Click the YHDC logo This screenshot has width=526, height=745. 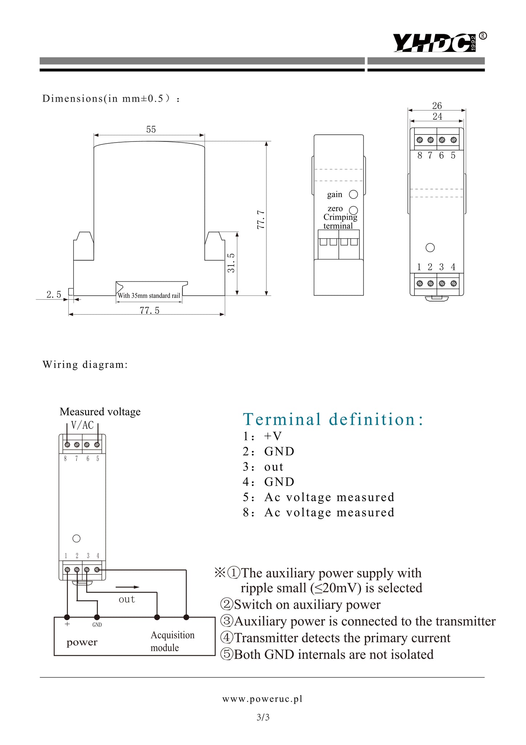[x=435, y=43]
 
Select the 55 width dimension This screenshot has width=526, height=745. [x=151, y=130]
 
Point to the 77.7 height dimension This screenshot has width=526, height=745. [x=261, y=219]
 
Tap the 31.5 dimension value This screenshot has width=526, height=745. [x=231, y=263]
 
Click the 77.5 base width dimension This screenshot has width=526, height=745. [x=149, y=310]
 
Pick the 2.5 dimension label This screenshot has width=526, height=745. [x=54, y=295]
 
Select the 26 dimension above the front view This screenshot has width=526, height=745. [x=437, y=106]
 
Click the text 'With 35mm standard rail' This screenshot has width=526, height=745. [x=149, y=296]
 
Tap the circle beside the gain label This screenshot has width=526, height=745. [x=353, y=195]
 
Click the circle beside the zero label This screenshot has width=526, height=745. [x=353, y=210]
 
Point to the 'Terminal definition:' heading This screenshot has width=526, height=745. [x=333, y=419]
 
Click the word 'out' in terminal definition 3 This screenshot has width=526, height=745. [x=274, y=467]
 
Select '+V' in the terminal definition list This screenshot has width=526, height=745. [x=273, y=436]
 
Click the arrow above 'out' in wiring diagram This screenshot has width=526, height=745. [x=127, y=587]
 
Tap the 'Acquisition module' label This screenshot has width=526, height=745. [x=172, y=641]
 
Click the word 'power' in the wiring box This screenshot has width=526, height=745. [x=82, y=642]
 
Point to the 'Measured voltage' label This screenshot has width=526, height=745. [x=100, y=412]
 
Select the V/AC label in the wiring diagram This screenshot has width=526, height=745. [x=83, y=425]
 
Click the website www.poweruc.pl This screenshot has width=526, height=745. [x=262, y=699]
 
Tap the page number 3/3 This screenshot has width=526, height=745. [x=263, y=717]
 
